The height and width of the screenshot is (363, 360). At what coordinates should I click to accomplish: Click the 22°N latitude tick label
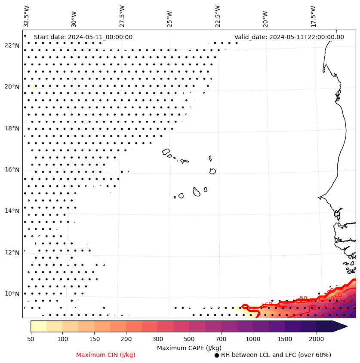(x=12, y=46)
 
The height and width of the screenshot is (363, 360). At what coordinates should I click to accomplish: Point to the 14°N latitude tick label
(x=12, y=211)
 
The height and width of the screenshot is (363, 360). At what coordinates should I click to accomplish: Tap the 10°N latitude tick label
(x=12, y=294)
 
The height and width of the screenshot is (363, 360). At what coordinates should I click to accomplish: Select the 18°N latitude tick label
(x=12, y=128)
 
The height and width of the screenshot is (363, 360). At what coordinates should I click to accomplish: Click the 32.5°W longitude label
(x=27, y=16)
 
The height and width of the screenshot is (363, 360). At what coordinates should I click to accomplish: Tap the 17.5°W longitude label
(x=313, y=16)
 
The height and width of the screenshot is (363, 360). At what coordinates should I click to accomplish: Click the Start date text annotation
(x=83, y=37)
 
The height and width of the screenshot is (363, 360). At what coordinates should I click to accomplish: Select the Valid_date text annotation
(x=289, y=37)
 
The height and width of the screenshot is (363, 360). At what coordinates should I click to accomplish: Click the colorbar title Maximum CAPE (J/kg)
(x=189, y=348)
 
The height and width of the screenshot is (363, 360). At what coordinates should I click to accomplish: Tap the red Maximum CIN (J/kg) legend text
(x=105, y=355)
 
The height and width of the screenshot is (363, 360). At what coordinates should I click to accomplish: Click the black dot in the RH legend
(x=217, y=355)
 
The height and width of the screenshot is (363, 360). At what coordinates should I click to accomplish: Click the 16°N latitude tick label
(x=12, y=170)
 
